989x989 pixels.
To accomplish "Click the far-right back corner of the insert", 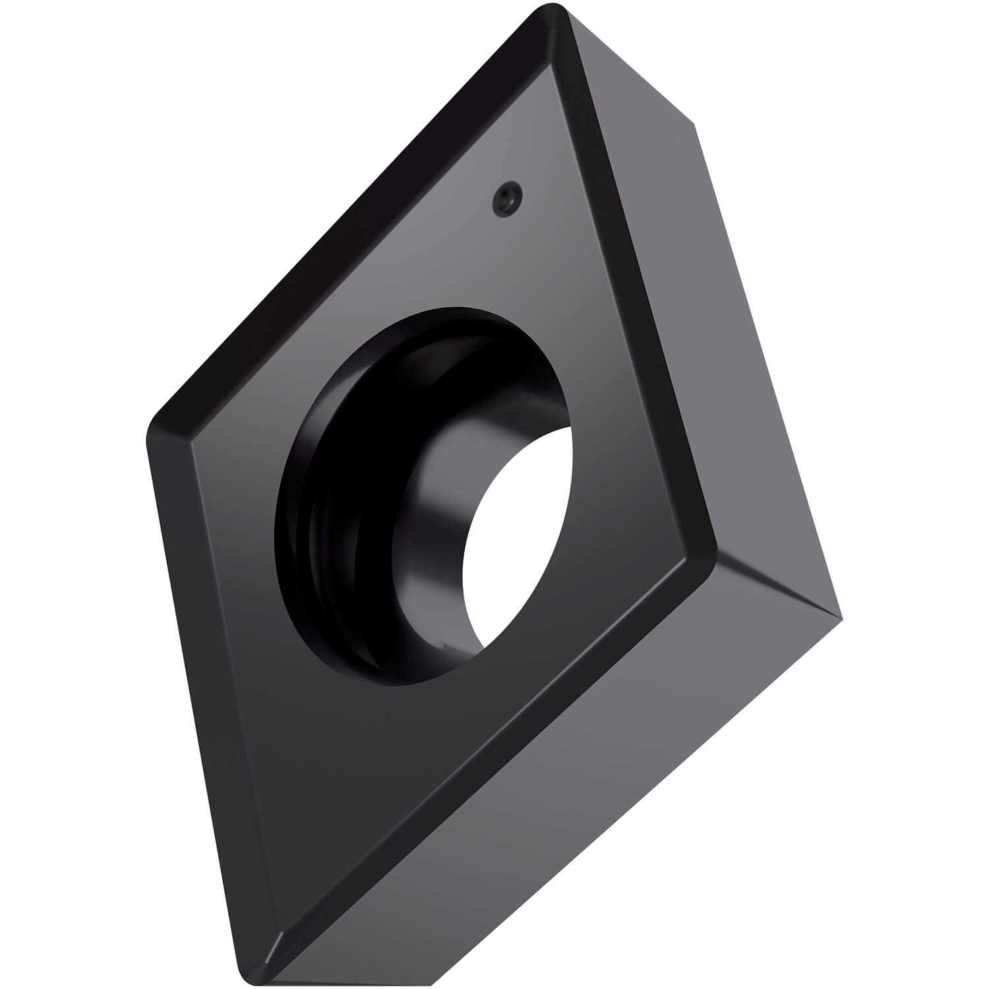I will pyautogui.click(x=840, y=616).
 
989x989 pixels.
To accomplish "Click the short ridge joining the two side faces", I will pyautogui.click(x=778, y=587).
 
